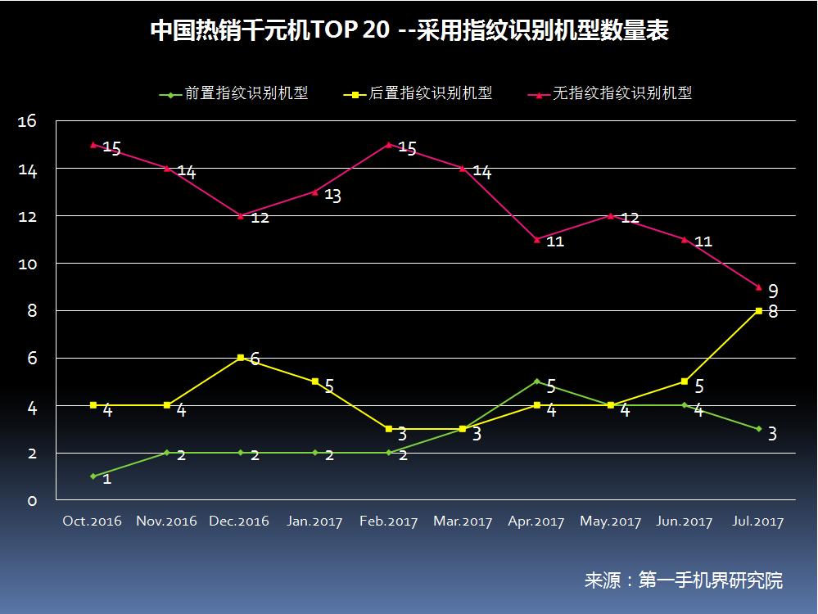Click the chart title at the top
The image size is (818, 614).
pyautogui.click(x=409, y=31)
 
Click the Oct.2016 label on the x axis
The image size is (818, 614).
pyautogui.click(x=93, y=521)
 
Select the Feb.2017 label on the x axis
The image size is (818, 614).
pyautogui.click(x=389, y=521)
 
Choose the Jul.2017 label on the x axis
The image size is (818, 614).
pyautogui.click(x=758, y=521)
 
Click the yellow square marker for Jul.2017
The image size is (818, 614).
pyautogui.click(x=759, y=311)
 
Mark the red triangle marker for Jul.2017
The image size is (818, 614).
pyautogui.click(x=759, y=287)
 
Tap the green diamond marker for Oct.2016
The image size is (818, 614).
pyautogui.click(x=93, y=476)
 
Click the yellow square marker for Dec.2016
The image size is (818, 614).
pyautogui.click(x=241, y=358)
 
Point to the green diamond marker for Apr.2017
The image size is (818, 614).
pyautogui.click(x=537, y=381)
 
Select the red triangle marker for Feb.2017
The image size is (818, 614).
pyautogui.click(x=389, y=145)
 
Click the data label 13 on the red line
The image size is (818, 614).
pyautogui.click(x=332, y=196)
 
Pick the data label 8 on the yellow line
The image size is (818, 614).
pyautogui.click(x=772, y=312)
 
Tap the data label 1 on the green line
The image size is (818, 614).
pyautogui.click(x=106, y=479)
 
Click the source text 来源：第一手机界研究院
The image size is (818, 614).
pyautogui.click(x=683, y=580)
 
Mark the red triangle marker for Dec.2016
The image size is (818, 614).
pyautogui.click(x=241, y=216)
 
